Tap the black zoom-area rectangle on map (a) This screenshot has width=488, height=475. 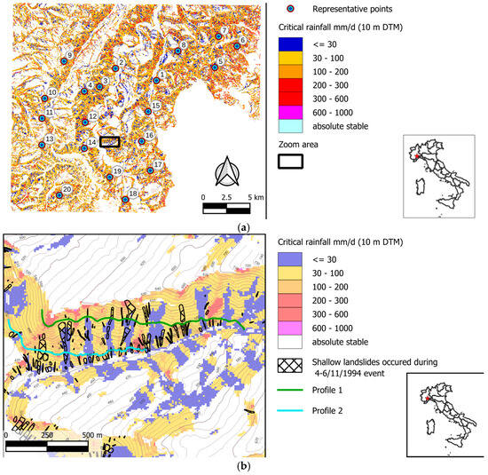(109, 141)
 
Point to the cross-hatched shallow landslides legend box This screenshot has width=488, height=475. (291, 367)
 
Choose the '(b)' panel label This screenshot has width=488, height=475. (244, 466)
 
